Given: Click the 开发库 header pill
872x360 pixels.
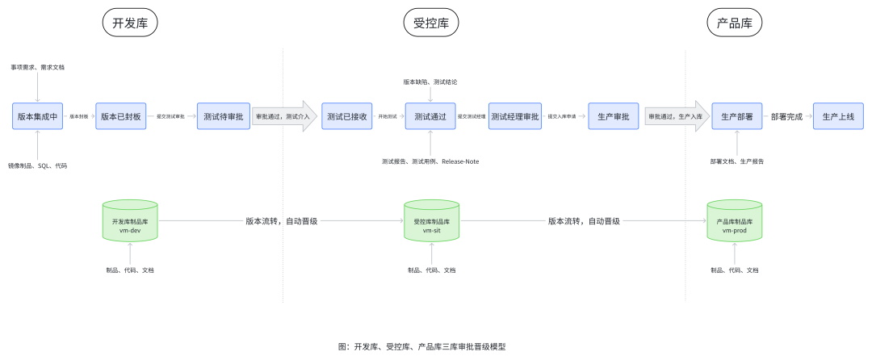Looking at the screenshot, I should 130,23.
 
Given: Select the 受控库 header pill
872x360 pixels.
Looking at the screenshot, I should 430,23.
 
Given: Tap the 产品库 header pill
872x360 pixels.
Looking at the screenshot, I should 734,23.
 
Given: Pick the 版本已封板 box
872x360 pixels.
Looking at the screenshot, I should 120,116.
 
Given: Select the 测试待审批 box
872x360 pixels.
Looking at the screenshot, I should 222,116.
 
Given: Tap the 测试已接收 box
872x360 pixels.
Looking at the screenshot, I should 347,116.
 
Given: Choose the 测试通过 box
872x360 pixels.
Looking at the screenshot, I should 430,116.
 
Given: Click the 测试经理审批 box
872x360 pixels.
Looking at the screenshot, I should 514,116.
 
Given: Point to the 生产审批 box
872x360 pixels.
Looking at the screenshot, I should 614,116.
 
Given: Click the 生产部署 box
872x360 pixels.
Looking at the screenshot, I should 736,116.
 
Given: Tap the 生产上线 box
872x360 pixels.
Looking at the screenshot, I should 838,116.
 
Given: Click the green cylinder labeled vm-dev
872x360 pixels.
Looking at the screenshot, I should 130,220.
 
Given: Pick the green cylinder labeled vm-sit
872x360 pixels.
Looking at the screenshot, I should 430,220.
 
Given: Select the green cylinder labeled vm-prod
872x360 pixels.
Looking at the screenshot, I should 734,220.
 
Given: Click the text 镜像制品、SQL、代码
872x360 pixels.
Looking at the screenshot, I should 38,165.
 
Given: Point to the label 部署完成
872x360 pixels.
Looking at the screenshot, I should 786,116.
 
